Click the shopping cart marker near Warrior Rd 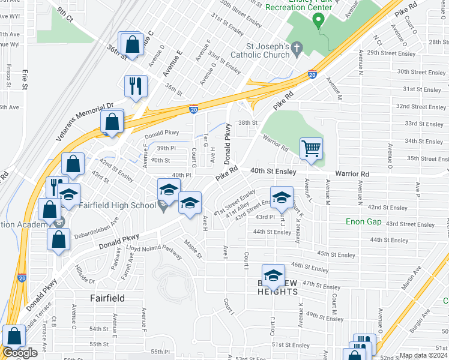point(311,148)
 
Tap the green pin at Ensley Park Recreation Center point(319,21)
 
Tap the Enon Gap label point(364,221)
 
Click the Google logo point(20,353)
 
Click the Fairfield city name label point(107,298)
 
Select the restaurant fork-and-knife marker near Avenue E point(136,86)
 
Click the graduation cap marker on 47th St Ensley point(273,275)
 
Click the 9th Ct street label point(65,14)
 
